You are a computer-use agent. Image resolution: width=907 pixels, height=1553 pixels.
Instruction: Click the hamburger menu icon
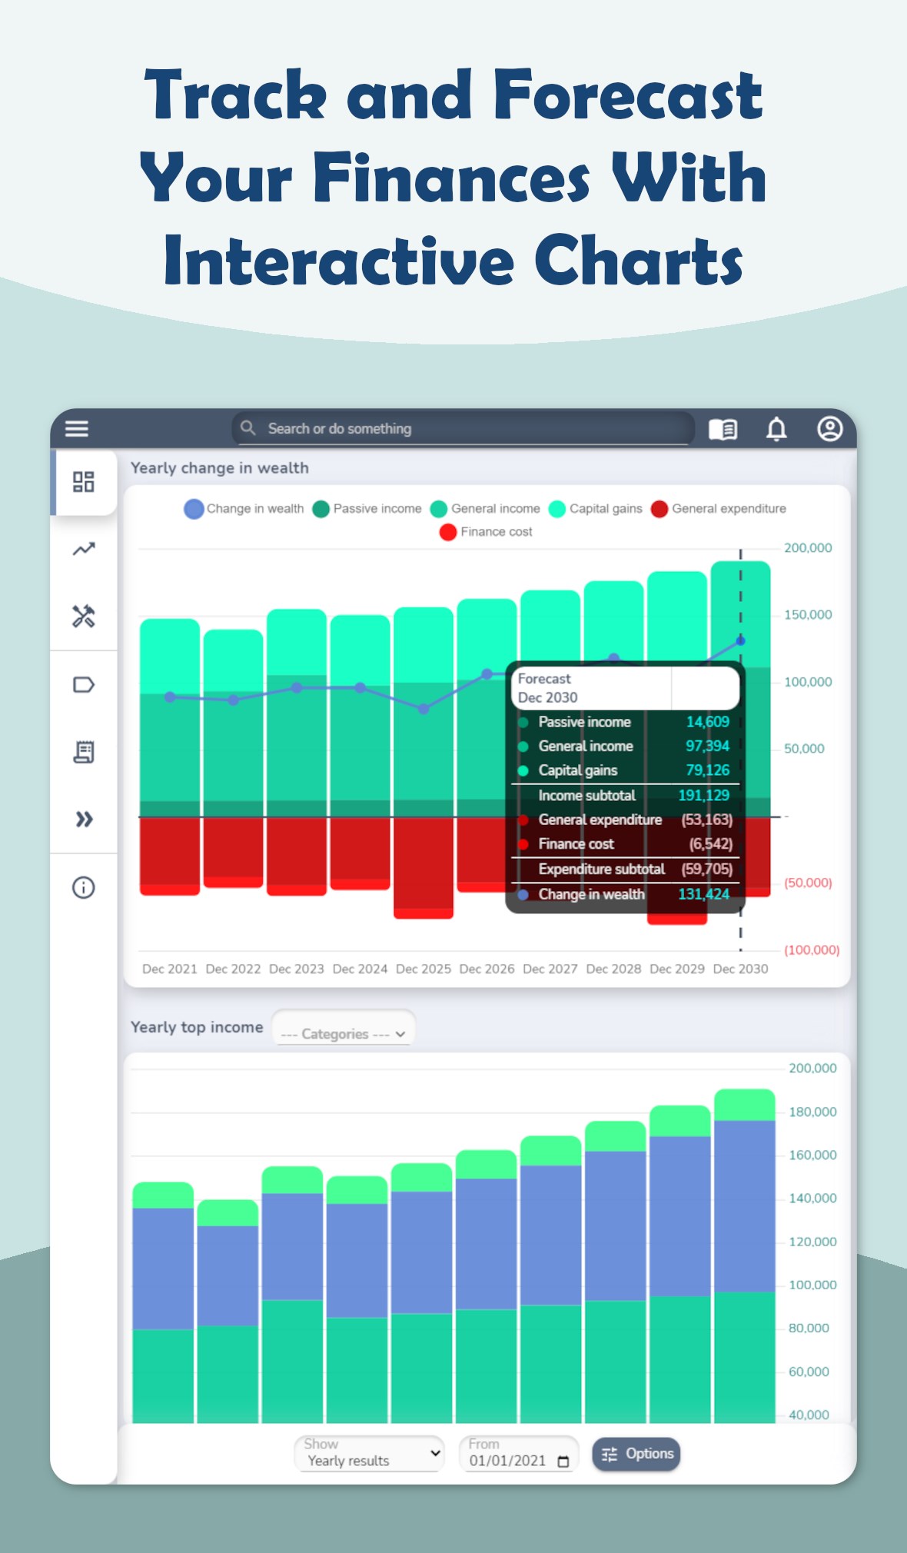pyautogui.click(x=77, y=428)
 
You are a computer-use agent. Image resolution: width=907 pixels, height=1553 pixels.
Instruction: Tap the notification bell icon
pyautogui.click(x=776, y=429)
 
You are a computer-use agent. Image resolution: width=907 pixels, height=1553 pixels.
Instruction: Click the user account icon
pyautogui.click(x=829, y=429)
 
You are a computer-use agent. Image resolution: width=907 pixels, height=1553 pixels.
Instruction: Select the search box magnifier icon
pyautogui.click(x=248, y=427)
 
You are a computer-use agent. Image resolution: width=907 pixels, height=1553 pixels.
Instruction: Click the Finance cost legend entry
pyautogui.click(x=486, y=532)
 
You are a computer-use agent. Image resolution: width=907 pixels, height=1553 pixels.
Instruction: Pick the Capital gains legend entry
pyautogui.click(x=596, y=509)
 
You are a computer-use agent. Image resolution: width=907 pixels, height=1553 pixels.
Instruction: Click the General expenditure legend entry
pyautogui.click(x=719, y=509)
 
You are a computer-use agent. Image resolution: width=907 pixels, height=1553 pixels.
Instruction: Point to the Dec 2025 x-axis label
pyautogui.click(x=424, y=969)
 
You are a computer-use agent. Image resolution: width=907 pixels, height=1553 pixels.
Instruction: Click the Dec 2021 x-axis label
pyautogui.click(x=170, y=969)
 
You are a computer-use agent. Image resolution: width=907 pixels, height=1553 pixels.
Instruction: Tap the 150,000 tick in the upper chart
pyautogui.click(x=808, y=615)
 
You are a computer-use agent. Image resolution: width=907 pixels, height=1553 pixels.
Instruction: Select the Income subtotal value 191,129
pyautogui.click(x=703, y=796)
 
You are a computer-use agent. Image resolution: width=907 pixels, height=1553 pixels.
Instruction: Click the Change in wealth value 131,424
pyautogui.click(x=703, y=894)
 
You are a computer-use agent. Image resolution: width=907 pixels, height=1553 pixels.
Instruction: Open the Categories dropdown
pyautogui.click(x=344, y=1034)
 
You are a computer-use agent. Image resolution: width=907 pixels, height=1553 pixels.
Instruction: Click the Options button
pyautogui.click(x=636, y=1454)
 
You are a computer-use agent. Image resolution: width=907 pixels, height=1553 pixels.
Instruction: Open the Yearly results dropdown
pyautogui.click(x=370, y=1454)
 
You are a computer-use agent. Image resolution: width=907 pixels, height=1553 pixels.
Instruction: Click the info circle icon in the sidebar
pyautogui.click(x=84, y=888)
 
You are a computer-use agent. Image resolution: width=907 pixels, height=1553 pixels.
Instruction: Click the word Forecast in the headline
pyautogui.click(x=627, y=96)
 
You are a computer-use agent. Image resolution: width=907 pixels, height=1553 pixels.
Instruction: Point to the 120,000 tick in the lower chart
pyautogui.click(x=812, y=1242)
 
